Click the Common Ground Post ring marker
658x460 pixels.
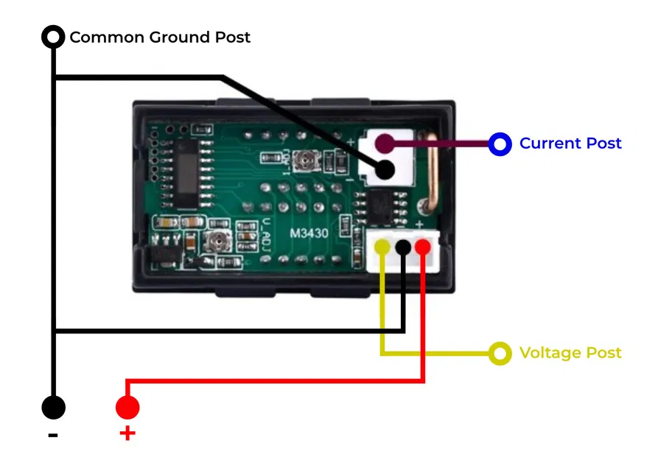click(53, 37)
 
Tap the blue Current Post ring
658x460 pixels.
click(500, 144)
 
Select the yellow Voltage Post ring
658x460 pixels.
click(500, 354)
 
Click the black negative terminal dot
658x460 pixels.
click(53, 407)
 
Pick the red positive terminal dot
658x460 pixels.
click(127, 407)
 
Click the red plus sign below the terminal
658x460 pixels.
click(127, 434)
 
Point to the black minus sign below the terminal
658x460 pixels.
click(53, 435)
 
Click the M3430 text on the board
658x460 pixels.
click(308, 233)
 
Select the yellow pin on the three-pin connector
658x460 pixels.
click(382, 247)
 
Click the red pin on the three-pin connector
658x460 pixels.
click(422, 247)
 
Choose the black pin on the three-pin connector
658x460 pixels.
click(403, 247)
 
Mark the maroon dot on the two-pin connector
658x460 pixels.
click(384, 143)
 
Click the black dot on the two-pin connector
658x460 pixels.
click(384, 170)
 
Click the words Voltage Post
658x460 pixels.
click(570, 353)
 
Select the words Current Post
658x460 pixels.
click(570, 144)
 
